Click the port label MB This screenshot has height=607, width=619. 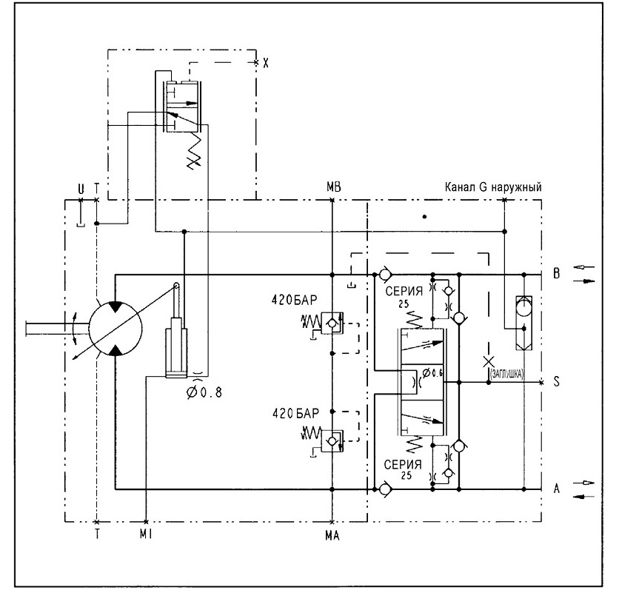point(334,187)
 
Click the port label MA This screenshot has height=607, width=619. point(332,535)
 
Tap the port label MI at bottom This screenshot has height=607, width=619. point(146,534)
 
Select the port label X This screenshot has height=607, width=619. point(266,63)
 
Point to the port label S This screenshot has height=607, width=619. point(556,381)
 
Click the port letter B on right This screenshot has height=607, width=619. point(556,273)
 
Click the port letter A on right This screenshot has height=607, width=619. point(557,489)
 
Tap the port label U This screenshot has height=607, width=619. point(81,190)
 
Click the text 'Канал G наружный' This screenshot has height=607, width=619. point(493,187)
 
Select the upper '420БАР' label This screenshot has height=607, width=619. point(294,300)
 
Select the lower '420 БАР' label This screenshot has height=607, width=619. point(295,413)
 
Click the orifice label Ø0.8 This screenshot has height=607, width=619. point(204,392)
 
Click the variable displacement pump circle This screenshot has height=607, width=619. point(116,329)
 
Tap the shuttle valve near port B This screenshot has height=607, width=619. point(524,323)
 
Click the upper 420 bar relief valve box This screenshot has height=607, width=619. point(332,323)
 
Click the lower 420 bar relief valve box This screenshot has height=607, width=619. point(332,441)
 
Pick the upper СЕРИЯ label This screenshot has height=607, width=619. point(404,291)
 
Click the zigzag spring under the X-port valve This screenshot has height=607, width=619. point(194,151)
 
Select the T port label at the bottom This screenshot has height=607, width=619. point(97,534)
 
